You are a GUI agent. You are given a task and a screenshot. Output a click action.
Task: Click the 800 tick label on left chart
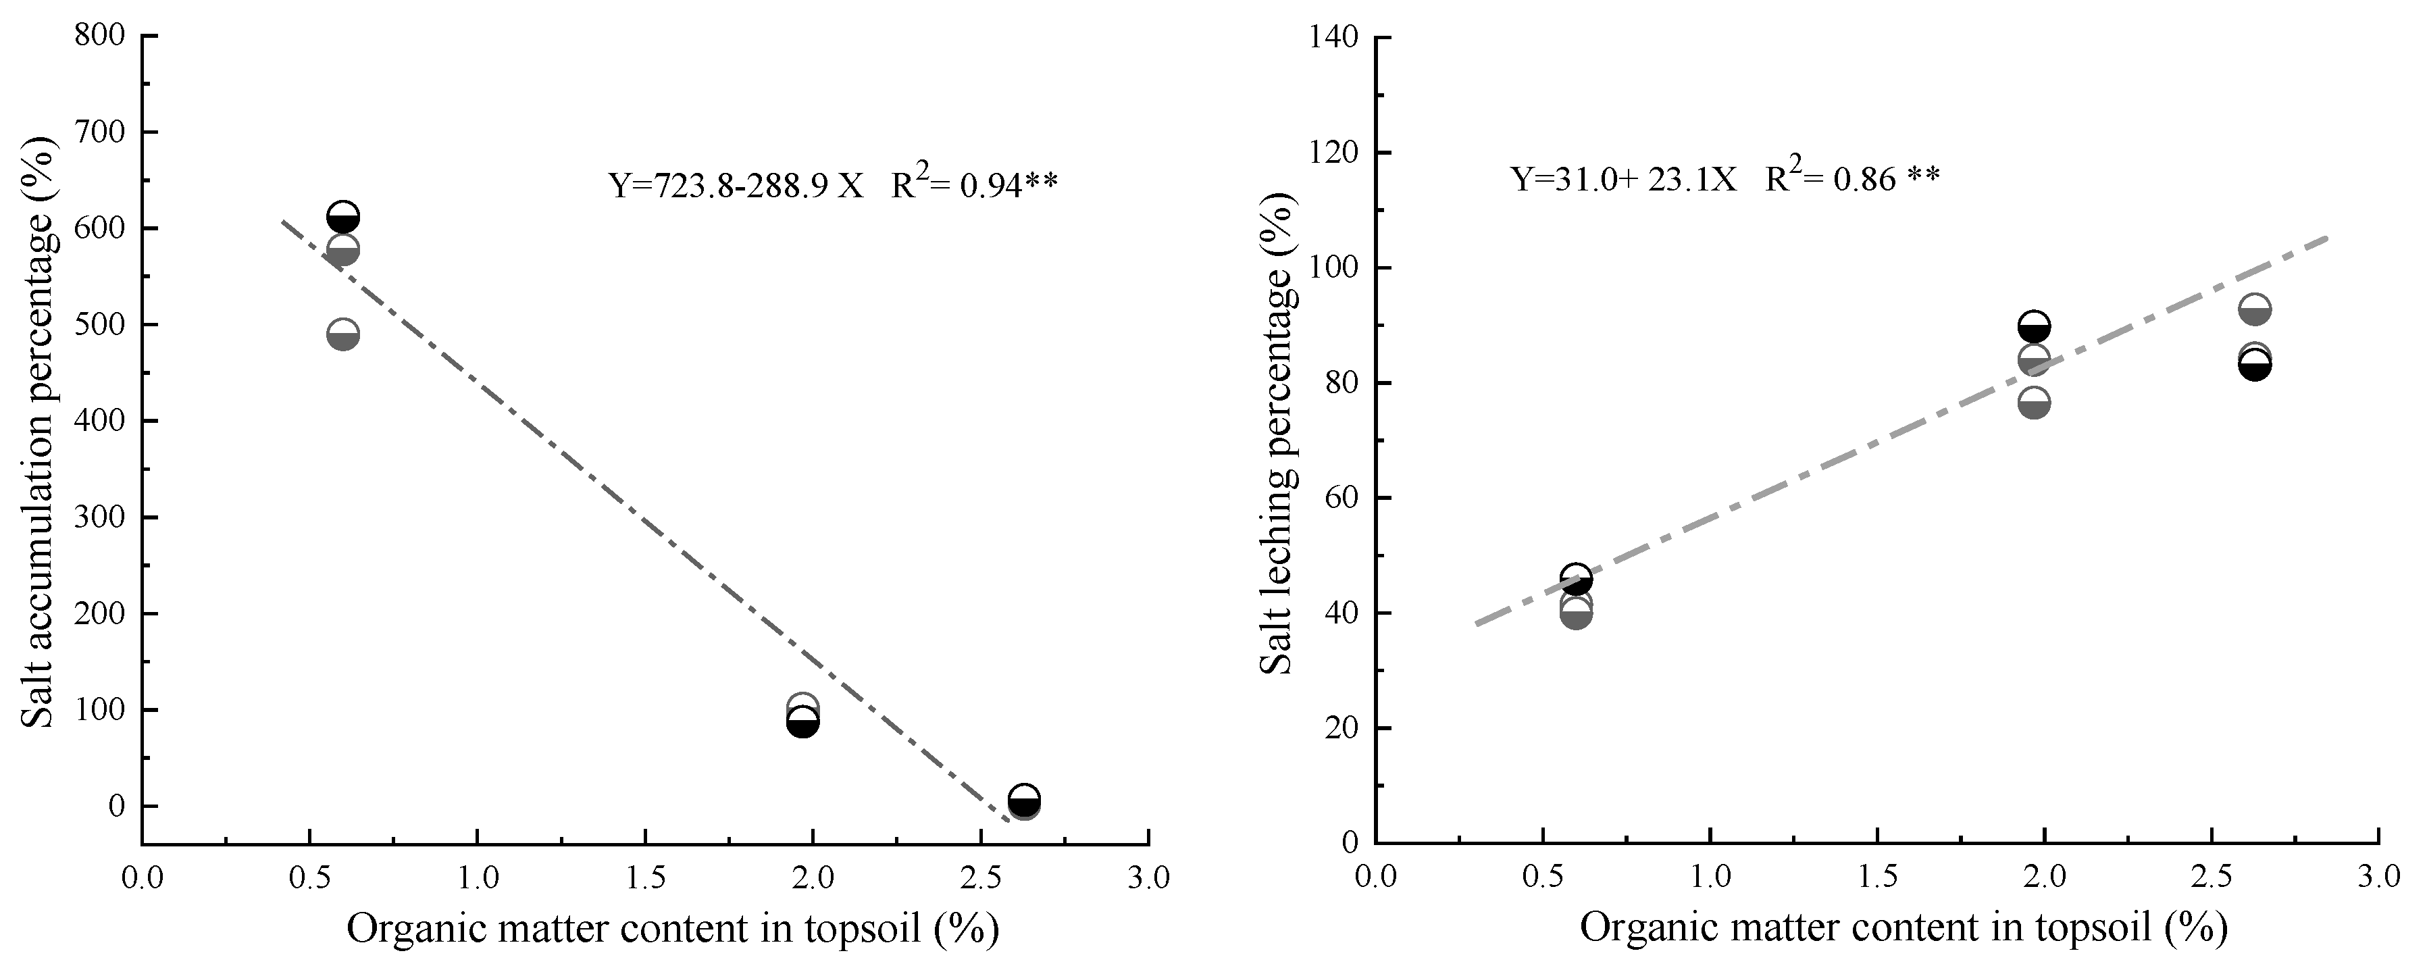click(x=101, y=36)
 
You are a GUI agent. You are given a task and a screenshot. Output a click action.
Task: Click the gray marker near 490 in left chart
click(x=343, y=334)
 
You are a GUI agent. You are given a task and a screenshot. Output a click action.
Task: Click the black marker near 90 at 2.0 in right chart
click(x=2033, y=327)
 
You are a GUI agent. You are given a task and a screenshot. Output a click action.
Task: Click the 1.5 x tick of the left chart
click(x=644, y=878)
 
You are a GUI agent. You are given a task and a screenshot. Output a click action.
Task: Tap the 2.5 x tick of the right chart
click(x=2212, y=878)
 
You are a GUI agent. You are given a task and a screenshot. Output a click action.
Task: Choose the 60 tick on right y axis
click(x=1342, y=499)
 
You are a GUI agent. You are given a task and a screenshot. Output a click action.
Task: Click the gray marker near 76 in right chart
click(x=2033, y=403)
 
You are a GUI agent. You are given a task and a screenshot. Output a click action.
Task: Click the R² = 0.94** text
click(x=974, y=183)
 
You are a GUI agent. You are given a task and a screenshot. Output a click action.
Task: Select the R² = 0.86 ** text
click(x=1851, y=176)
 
